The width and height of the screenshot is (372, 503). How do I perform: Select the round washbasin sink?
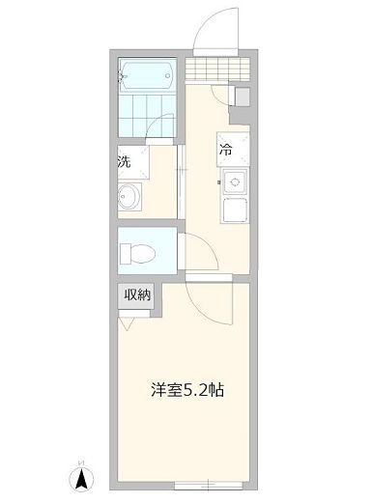tap(129, 197)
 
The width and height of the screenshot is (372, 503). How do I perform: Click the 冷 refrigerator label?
tap(226, 149)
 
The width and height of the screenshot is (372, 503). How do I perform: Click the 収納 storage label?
tap(136, 295)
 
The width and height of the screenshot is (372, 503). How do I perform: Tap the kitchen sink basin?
tap(235, 180)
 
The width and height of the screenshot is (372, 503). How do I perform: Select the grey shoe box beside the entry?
tap(242, 97)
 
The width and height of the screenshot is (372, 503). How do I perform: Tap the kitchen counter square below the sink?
tap(235, 210)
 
